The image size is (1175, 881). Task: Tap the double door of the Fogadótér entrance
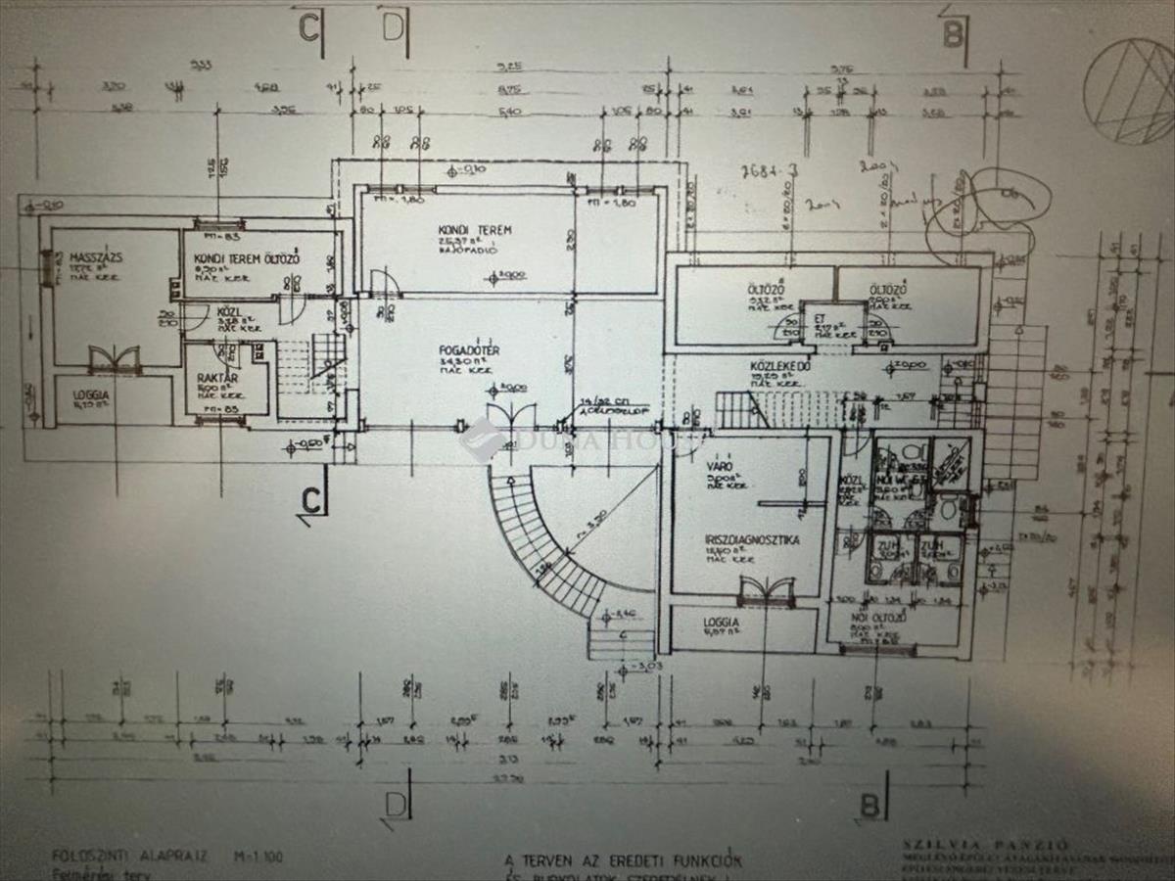coord(510,415)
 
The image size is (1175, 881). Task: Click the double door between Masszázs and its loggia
coord(115,359)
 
